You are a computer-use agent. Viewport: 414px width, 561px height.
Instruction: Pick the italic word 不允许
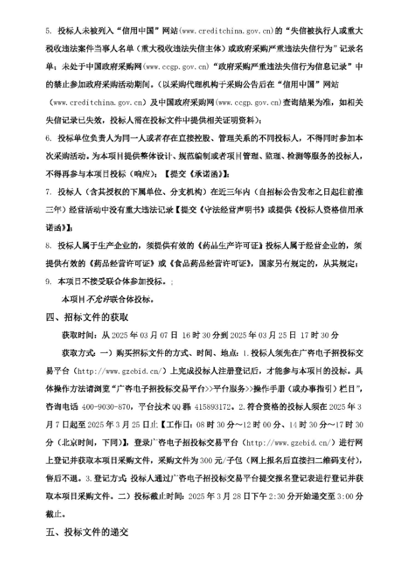[x=99, y=299]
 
